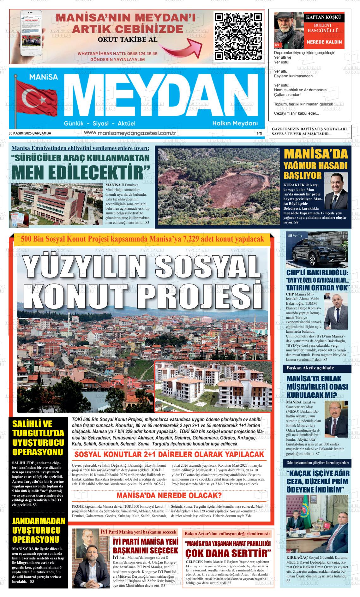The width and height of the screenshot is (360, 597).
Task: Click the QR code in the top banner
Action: (x=238, y=36)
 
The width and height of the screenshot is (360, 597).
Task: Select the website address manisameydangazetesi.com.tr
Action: (x=130, y=133)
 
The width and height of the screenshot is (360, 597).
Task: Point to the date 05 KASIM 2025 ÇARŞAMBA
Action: (x=30, y=133)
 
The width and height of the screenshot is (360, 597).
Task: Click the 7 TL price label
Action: (x=260, y=134)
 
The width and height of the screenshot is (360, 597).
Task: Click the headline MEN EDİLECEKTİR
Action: (x=81, y=172)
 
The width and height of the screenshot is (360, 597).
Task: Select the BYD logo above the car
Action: (x=297, y=235)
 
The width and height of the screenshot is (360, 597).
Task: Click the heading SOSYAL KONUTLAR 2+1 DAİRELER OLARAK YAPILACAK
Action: (x=169, y=454)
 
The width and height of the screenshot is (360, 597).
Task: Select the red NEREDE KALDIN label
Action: (x=324, y=42)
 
